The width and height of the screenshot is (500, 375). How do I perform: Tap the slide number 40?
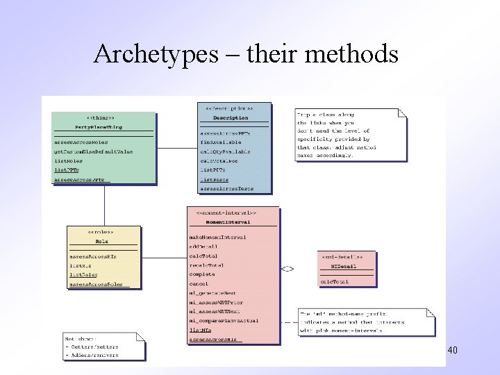click(452, 351)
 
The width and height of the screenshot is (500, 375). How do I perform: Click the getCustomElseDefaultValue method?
click(93, 151)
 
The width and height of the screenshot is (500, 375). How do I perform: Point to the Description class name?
click(235, 118)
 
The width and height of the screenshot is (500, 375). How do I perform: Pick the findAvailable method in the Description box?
click(221, 142)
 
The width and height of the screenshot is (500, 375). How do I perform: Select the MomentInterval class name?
click(233, 222)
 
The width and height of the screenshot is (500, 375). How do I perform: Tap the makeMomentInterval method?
click(217, 237)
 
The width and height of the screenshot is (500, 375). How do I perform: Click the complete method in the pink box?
click(202, 274)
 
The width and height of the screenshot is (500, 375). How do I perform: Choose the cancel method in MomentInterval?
click(199, 284)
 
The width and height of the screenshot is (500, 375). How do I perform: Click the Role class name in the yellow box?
click(101, 241)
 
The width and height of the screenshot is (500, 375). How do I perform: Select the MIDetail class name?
click(347, 266)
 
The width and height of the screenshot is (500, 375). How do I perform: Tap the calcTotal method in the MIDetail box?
click(334, 281)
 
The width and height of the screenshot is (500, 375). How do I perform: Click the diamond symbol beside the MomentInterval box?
click(287, 268)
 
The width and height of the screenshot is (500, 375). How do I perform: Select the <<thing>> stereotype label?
click(101, 117)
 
